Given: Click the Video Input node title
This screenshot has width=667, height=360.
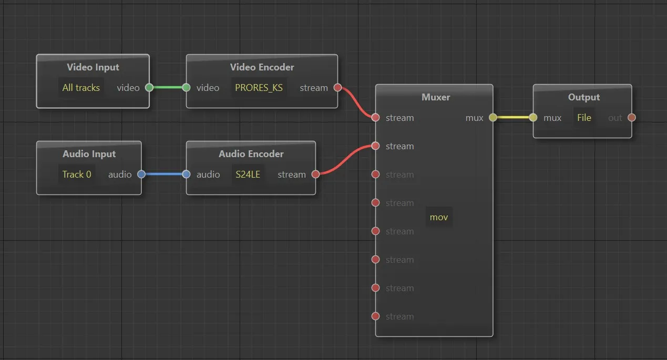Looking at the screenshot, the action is pyautogui.click(x=93, y=67).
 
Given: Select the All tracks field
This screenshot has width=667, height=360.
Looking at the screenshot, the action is pyautogui.click(x=81, y=88).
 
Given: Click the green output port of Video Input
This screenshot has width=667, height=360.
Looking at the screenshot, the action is pyautogui.click(x=149, y=88).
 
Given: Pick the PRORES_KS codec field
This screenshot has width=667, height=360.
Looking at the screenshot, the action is pyautogui.click(x=259, y=88).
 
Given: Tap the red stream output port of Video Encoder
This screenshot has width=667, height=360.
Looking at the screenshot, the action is pyautogui.click(x=337, y=88).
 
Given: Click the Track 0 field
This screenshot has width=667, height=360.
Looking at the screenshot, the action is pyautogui.click(x=77, y=174).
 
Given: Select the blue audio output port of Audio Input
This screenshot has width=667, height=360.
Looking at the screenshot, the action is pyautogui.click(x=141, y=174).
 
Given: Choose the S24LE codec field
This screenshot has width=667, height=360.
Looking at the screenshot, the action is pyautogui.click(x=248, y=174).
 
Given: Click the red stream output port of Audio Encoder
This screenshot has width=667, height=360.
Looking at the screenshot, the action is pyautogui.click(x=316, y=174).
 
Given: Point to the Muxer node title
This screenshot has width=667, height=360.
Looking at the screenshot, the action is pyautogui.click(x=436, y=97).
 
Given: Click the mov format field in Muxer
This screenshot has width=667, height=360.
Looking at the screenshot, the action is pyautogui.click(x=439, y=217).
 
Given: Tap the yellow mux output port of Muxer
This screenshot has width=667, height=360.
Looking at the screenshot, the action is pyautogui.click(x=493, y=117).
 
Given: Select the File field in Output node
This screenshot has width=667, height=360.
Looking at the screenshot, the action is pyautogui.click(x=584, y=118).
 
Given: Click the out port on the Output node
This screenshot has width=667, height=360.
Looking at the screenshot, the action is pyautogui.click(x=632, y=117).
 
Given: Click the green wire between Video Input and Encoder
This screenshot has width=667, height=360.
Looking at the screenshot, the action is pyautogui.click(x=168, y=88).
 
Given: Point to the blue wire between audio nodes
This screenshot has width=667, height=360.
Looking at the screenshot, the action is pyautogui.click(x=164, y=174).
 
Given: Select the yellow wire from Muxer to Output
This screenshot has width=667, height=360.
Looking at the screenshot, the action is pyautogui.click(x=513, y=117).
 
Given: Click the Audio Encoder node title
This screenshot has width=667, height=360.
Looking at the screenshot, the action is pyautogui.click(x=251, y=154).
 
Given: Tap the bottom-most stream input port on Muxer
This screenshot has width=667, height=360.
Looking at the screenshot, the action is pyautogui.click(x=375, y=316).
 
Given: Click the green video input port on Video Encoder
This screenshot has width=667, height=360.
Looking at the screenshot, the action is pyautogui.click(x=187, y=88).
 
